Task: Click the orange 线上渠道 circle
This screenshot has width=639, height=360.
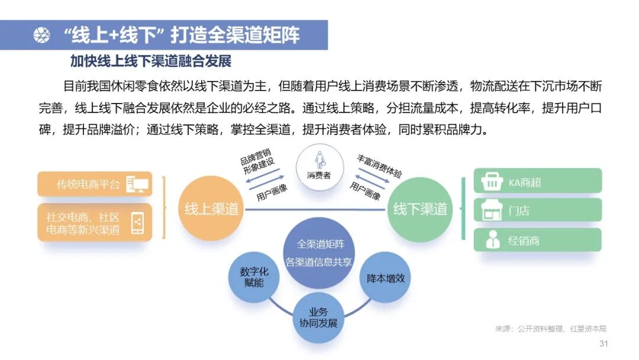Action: pyautogui.click(x=211, y=208)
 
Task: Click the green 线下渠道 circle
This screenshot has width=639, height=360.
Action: pyautogui.click(x=420, y=209)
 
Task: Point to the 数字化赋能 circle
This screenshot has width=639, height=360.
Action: pyautogui.click(x=254, y=278)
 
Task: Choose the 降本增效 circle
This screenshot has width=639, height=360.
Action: pyautogui.click(x=385, y=278)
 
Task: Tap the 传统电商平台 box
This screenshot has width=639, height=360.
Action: pyautogui.click(x=95, y=184)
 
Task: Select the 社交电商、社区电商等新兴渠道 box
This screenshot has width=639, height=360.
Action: pyautogui.click(x=95, y=222)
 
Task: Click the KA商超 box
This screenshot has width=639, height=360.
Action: pyautogui.click(x=537, y=181)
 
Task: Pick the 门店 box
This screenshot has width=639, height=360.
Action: pyautogui.click(x=537, y=210)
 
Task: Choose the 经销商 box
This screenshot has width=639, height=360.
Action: pyautogui.click(x=537, y=240)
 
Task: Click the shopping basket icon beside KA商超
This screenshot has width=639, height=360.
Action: pyautogui.click(x=492, y=181)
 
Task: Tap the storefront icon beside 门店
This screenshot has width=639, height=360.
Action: pyautogui.click(x=492, y=210)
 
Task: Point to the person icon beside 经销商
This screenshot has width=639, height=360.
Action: pyautogui.click(x=492, y=240)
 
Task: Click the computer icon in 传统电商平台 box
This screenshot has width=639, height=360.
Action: pyautogui.click(x=137, y=184)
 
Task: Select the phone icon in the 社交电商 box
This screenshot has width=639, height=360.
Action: pyautogui.click(x=137, y=223)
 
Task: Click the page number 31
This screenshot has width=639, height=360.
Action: pyautogui.click(x=603, y=344)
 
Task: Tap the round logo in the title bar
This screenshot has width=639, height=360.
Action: pyautogui.click(x=41, y=36)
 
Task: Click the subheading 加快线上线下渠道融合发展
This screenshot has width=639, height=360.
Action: pyautogui.click(x=150, y=61)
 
